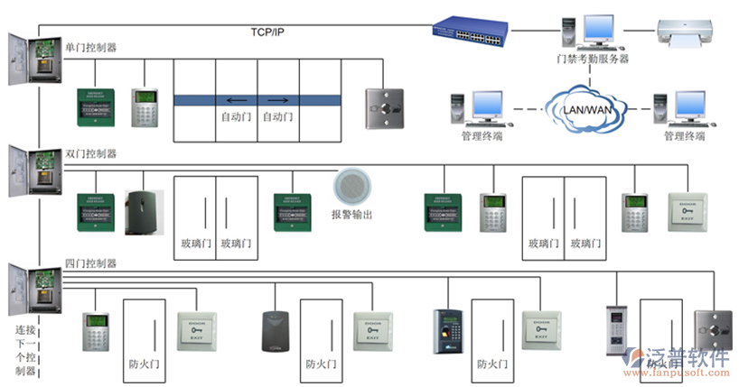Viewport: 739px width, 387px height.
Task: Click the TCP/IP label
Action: point(269,32)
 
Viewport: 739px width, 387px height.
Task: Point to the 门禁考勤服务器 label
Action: point(592,60)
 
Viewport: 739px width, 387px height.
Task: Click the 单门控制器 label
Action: point(90,47)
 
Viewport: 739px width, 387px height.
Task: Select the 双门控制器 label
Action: point(90,154)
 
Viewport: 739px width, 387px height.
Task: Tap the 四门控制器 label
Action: point(90,263)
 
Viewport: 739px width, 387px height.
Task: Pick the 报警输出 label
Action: point(351,215)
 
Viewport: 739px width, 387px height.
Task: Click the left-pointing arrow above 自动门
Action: point(236,99)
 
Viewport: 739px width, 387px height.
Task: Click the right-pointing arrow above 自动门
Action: point(278,99)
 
